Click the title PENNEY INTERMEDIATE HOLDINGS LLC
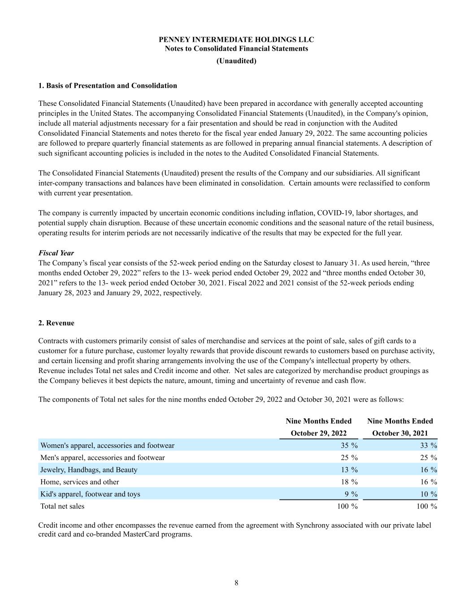pos(236,39)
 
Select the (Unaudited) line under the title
pos(236,61)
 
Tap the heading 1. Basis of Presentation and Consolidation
pos(108,86)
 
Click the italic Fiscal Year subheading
pos(56,253)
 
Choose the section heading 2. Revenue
pos(56,323)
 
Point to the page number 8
pos(236,583)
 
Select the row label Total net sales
pos(62,506)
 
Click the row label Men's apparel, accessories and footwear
pos(103,458)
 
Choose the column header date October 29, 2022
pos(319,433)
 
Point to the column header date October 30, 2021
pos(400,433)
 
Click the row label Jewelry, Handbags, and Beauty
pos(89,470)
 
